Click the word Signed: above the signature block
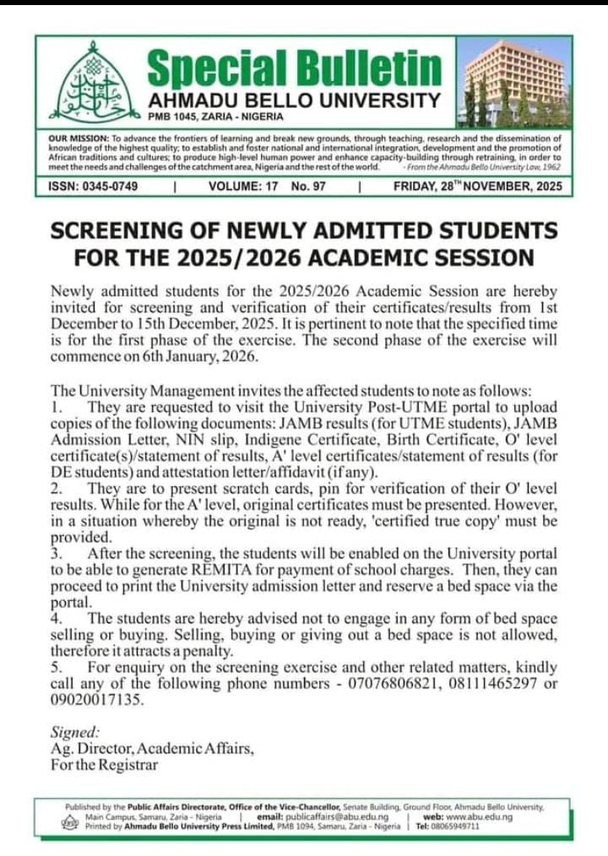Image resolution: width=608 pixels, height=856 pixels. [75, 733]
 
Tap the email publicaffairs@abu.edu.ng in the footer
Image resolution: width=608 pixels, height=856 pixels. [334, 817]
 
